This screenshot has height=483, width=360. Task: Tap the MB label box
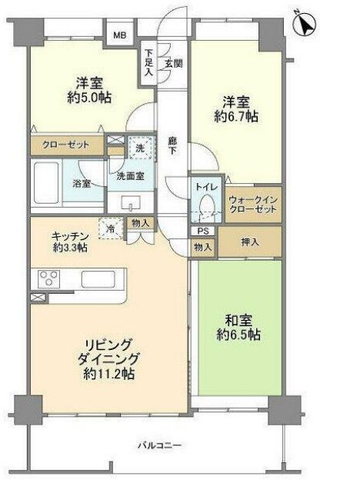pyautogui.click(x=122, y=35)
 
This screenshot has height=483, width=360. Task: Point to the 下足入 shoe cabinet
pyautogui.click(x=148, y=64)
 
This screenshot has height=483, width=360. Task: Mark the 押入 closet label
pyautogui.click(x=250, y=241)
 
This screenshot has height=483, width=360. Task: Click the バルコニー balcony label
pyautogui.click(x=159, y=445)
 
